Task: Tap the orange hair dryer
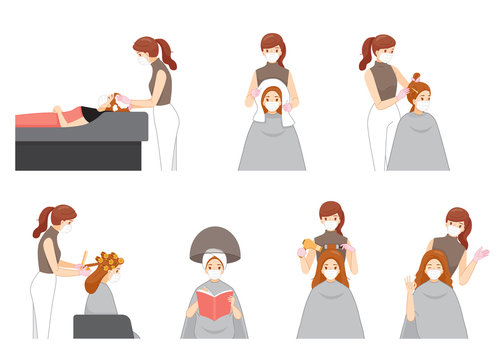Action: tap(312, 245)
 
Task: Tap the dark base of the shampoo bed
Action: tap(80, 155)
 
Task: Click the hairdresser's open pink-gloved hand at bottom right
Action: tap(481, 254)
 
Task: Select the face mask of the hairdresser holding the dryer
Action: tap(330, 225)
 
